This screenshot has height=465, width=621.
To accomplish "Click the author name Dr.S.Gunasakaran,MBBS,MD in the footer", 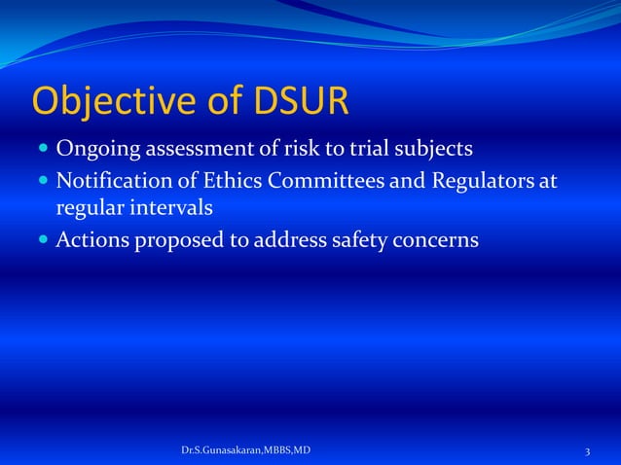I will tap(246, 451).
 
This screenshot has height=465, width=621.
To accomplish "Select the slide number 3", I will tap(588, 452).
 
